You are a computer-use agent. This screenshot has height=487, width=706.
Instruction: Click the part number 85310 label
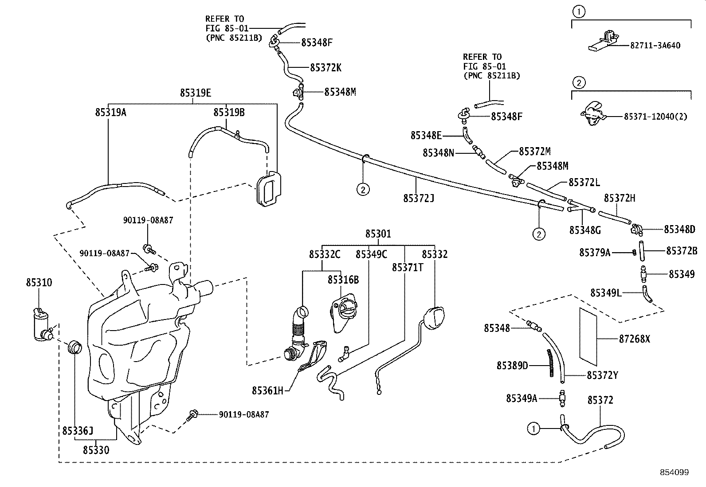tap(39, 282)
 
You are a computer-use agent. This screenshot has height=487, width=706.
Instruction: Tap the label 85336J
tap(78, 431)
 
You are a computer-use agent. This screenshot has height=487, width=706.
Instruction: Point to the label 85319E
tap(195, 93)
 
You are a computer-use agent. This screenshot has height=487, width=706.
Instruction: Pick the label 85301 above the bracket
tap(378, 234)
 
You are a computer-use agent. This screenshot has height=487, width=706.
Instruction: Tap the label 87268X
tap(634, 339)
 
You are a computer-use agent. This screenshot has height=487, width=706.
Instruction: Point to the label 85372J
tap(418, 198)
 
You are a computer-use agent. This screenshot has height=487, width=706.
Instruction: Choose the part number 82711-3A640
tap(655, 45)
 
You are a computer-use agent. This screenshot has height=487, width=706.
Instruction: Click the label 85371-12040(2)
tap(655, 116)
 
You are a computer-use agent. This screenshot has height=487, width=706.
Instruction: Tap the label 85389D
tap(512, 366)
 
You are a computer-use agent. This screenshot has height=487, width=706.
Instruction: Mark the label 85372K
tap(326, 68)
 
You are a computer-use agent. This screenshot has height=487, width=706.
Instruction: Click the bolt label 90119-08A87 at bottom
tap(243, 414)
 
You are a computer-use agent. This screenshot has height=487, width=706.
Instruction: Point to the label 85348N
tap(438, 153)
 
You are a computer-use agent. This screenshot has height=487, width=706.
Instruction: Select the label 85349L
tap(606, 293)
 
